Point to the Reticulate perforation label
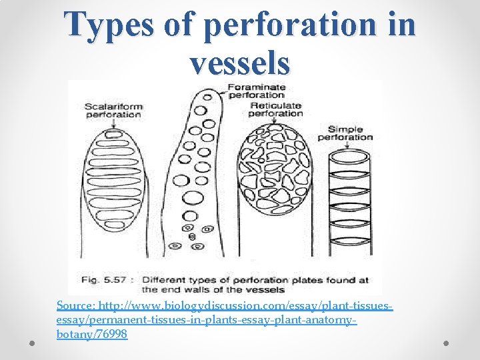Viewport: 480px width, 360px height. click(x=275, y=109)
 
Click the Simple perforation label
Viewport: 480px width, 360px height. click(x=345, y=133)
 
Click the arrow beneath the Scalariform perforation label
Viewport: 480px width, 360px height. click(x=113, y=124)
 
